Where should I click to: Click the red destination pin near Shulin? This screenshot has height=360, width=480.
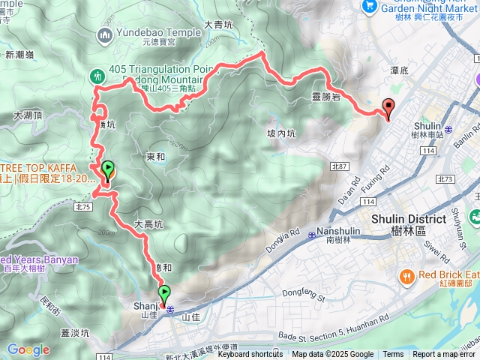(388, 107)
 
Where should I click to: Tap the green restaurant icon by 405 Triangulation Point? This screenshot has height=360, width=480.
(97, 75)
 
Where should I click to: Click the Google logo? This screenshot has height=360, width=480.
(28, 349)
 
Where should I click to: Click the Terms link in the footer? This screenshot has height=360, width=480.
(393, 355)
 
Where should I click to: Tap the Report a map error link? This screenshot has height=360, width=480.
(445, 355)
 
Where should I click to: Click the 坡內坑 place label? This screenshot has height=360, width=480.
(282, 133)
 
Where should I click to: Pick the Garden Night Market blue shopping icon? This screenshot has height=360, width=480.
(368, 6)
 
